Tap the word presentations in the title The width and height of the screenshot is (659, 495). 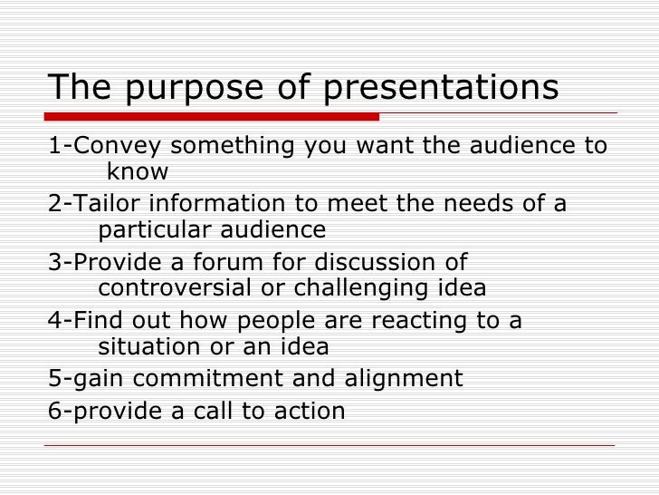[441, 89]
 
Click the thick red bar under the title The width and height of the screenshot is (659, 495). [213, 117]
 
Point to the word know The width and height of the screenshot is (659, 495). [137, 172]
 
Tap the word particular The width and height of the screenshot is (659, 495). [160, 230]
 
